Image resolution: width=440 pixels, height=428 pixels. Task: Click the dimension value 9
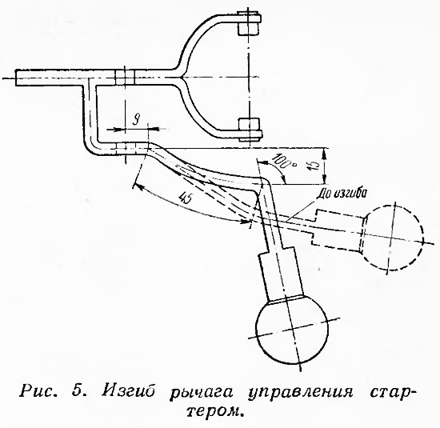(136, 122)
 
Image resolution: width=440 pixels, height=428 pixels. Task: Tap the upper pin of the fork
(249, 23)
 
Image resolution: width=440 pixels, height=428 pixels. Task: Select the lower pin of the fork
(250, 130)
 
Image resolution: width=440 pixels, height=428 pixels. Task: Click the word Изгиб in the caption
(128, 390)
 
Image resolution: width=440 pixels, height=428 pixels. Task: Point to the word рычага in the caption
(202, 392)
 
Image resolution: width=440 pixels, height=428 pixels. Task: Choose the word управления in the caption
(301, 392)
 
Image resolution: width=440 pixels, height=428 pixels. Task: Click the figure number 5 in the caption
(77, 390)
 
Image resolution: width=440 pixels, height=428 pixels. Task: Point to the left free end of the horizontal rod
(16, 78)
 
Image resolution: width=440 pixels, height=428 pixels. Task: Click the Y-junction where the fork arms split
(181, 77)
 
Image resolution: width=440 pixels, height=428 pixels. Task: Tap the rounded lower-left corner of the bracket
(90, 147)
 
